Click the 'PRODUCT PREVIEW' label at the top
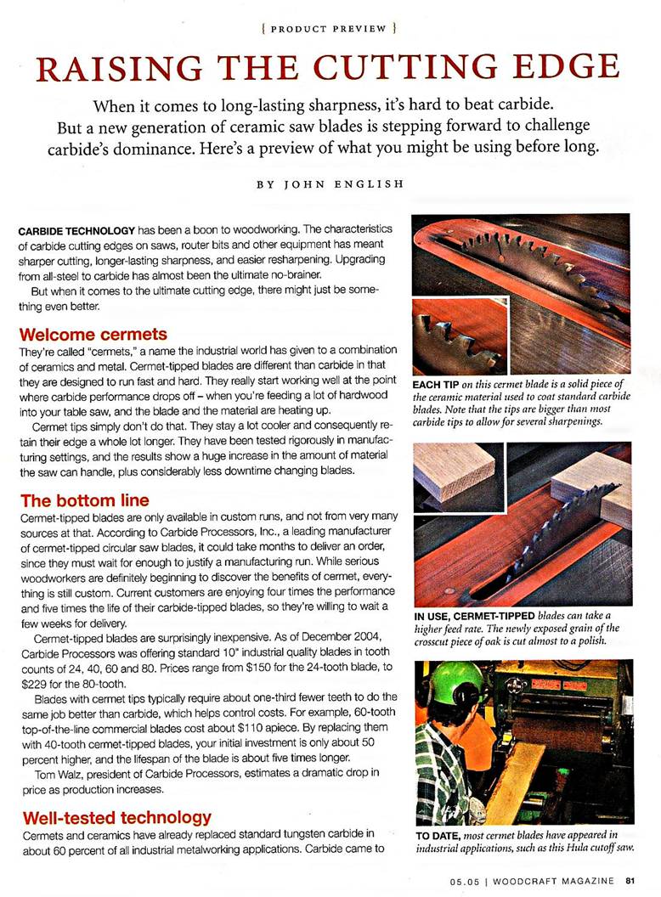[x=330, y=28]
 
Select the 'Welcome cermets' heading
[x=93, y=334]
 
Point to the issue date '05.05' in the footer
[x=466, y=879]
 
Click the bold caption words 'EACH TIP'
[x=435, y=384]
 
